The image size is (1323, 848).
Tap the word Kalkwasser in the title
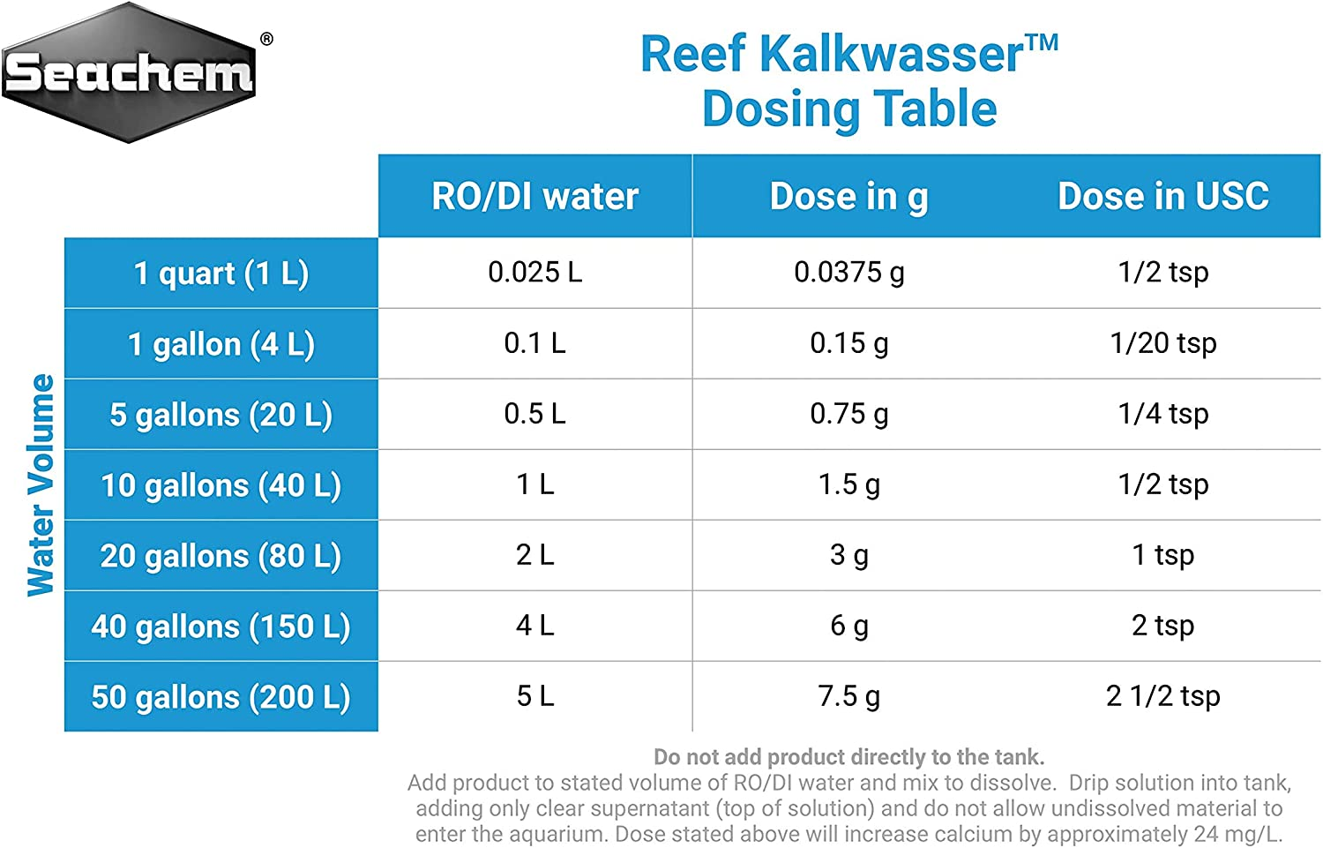tap(891, 55)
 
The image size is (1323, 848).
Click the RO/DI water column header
tap(534, 196)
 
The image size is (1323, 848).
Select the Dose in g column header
tap(848, 196)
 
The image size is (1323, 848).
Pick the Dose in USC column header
tap(1162, 196)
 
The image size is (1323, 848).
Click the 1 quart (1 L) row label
tap(221, 274)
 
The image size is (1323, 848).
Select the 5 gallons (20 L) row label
tap(221, 415)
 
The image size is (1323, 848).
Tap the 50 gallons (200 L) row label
tap(221, 697)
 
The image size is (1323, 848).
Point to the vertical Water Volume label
tap(41, 484)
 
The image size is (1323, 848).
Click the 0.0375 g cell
tap(848, 273)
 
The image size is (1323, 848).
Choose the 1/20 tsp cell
tap(1162, 343)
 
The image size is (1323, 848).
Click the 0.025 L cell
tap(534, 273)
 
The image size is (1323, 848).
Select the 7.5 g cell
tap(848, 696)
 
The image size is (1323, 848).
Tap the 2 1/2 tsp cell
tap(1162, 696)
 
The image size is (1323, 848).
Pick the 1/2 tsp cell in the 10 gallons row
tap(1162, 484)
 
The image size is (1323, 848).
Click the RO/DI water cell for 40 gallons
tap(534, 626)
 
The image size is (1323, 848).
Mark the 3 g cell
tap(848, 555)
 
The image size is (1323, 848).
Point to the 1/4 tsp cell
tap(1162, 414)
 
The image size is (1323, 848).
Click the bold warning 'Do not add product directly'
tap(848, 757)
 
